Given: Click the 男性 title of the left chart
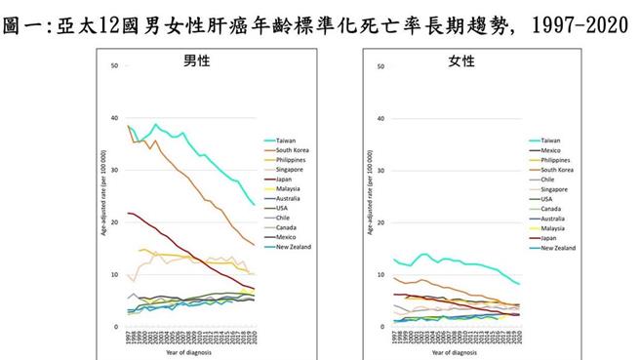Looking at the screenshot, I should click(x=197, y=61).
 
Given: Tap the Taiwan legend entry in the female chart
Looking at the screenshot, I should click(x=550, y=140).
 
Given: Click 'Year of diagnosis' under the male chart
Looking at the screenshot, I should click(x=192, y=353).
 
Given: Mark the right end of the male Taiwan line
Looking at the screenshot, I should click(x=255, y=205).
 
